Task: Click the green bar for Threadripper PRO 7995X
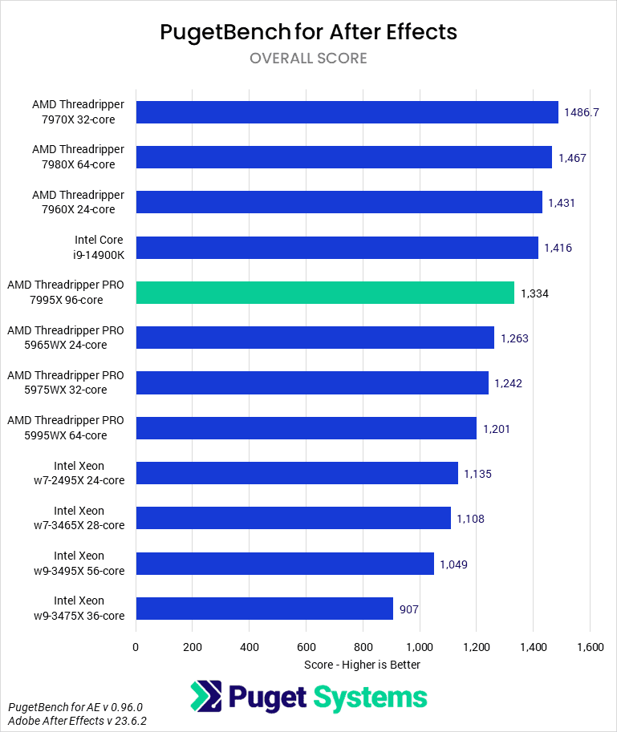click(x=325, y=293)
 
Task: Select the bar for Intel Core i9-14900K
click(x=337, y=248)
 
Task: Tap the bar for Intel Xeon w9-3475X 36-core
click(x=265, y=609)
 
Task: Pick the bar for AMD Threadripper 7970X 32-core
click(x=347, y=112)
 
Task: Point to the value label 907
click(x=409, y=609)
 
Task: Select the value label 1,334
click(x=535, y=293)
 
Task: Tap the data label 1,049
click(x=453, y=564)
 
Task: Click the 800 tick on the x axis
click(x=363, y=646)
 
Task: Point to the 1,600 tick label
click(x=590, y=646)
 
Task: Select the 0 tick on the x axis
click(x=136, y=646)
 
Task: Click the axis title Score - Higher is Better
click(x=363, y=665)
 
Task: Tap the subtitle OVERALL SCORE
click(x=308, y=59)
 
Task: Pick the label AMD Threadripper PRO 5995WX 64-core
click(x=66, y=428)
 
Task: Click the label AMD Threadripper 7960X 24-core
click(x=79, y=203)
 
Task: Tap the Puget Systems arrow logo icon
click(x=205, y=696)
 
